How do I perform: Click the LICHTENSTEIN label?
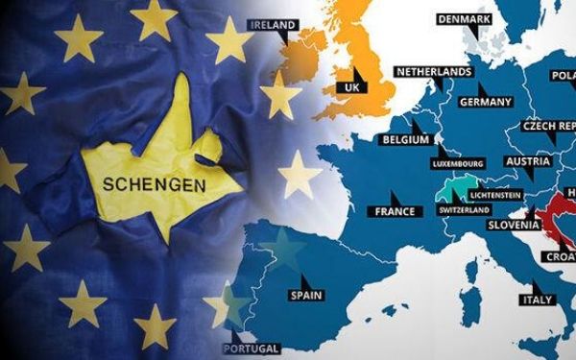click(x=496, y=196)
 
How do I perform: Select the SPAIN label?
click(x=306, y=295)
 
